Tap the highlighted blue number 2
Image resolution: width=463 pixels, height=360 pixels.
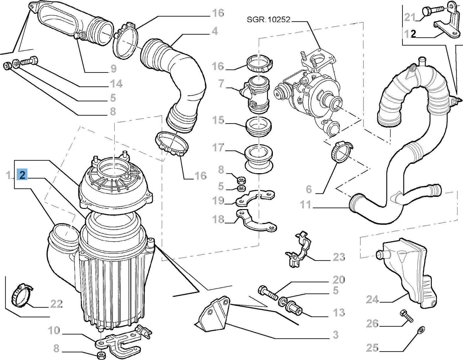22,175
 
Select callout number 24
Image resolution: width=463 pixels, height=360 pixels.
372,299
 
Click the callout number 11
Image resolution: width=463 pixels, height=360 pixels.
305,205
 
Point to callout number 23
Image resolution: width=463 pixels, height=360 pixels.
339,257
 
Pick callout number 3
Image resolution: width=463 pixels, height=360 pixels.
335,335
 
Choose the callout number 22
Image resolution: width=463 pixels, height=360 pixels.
56,304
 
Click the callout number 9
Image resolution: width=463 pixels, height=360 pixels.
113,69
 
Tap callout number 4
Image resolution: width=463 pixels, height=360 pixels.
214,31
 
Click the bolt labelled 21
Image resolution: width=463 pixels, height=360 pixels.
431,11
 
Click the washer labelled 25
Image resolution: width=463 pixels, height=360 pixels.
421,329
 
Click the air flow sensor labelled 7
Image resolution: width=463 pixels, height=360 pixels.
256,94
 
